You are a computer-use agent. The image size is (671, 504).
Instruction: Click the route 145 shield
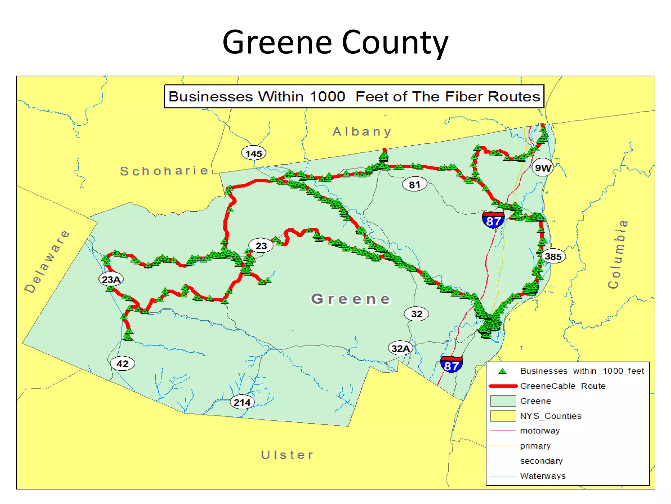click(254, 153)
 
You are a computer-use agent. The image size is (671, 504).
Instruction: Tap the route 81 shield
click(414, 184)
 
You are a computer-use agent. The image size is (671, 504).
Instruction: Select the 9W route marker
click(543, 168)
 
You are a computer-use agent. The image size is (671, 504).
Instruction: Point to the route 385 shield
click(553, 256)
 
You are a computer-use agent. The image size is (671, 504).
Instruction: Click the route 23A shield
click(111, 279)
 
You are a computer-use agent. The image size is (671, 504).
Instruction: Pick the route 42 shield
click(123, 364)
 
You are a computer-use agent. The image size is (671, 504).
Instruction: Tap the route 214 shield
click(242, 402)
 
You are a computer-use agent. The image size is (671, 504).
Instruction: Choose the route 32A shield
click(400, 348)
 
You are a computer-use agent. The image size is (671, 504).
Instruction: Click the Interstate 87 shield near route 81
click(493, 220)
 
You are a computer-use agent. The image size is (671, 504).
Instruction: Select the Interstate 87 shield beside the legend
click(451, 365)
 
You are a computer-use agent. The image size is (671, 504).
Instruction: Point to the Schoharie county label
click(164, 171)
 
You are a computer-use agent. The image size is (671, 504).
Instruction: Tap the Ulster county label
click(287, 455)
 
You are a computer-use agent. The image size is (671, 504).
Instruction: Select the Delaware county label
click(47, 262)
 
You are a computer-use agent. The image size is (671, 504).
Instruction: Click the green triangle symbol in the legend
click(502, 371)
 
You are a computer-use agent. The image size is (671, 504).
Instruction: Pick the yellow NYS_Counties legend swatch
click(503, 416)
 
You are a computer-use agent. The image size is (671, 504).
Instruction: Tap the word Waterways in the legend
click(543, 476)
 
